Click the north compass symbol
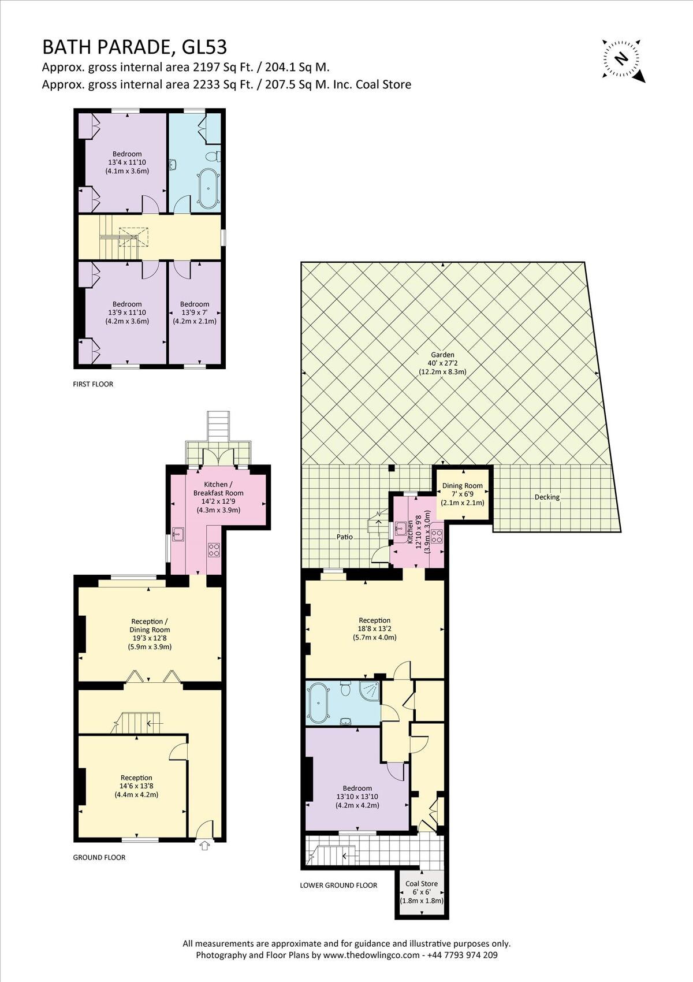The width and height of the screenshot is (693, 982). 622,58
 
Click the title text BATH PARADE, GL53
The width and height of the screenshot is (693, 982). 135,46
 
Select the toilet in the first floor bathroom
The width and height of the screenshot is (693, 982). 215,157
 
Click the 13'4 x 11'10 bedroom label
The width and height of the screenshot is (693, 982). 127,162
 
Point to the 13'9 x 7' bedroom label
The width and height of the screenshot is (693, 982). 195,313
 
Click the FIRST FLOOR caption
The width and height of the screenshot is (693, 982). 93,384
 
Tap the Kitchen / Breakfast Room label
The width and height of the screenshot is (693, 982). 218,497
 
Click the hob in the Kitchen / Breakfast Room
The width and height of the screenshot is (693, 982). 214,549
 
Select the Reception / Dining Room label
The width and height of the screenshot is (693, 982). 150,634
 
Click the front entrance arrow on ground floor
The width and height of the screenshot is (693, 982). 204,846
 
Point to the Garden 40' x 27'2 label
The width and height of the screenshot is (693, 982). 442,363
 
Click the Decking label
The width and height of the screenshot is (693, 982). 546,497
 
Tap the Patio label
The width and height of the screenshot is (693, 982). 345,537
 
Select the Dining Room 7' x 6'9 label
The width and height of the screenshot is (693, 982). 462,494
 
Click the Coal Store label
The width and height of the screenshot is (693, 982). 422,891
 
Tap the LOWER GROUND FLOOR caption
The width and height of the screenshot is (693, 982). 338,885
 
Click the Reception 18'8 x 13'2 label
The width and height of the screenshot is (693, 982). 374,628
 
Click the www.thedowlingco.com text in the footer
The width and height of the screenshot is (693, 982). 371,955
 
